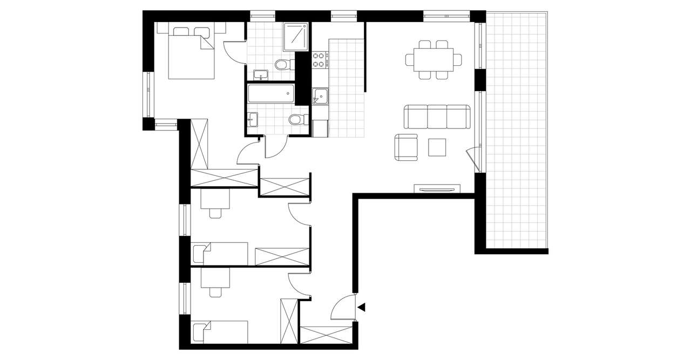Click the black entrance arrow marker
point(362,308)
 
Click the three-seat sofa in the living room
point(437,117)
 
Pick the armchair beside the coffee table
point(407,147)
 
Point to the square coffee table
point(437,147)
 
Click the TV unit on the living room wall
point(437,188)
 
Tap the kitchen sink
point(320,96)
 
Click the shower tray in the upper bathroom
point(296,36)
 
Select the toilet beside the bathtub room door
point(296,119)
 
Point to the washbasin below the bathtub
point(254,118)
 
